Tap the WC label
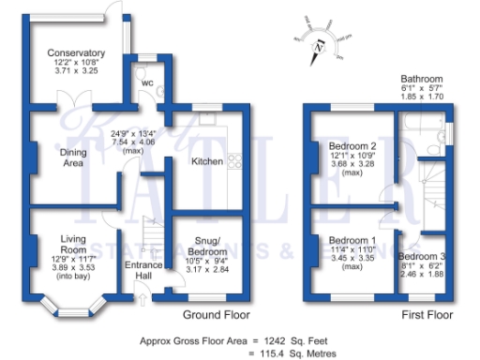pos(147,82)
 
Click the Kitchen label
pos(207,161)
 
